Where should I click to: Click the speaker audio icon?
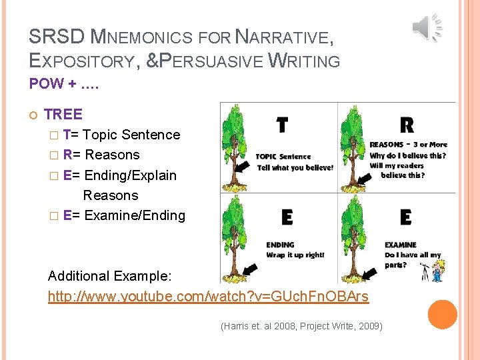tap(427, 27)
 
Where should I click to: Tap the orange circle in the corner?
tap(443, 315)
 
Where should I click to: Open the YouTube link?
tap(208, 296)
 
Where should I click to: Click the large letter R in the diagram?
tap(406, 125)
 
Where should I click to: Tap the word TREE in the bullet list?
tap(63, 114)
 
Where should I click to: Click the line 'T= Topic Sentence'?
tap(122, 135)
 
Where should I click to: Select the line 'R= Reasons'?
tap(101, 155)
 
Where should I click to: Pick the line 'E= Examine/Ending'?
tap(124, 215)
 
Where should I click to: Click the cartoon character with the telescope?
tap(437, 270)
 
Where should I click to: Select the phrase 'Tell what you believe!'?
tap(295, 167)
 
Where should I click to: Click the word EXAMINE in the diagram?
tap(400, 245)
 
